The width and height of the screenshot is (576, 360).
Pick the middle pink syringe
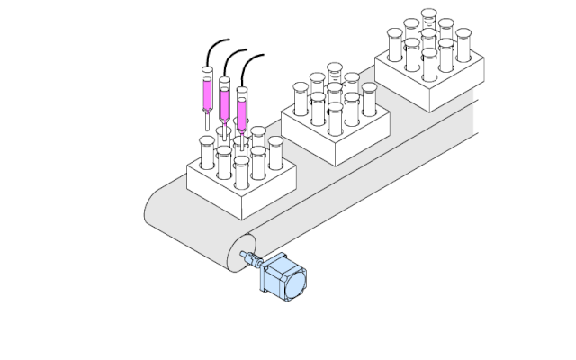[x=225, y=97]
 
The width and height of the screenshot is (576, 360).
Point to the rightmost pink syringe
[x=241, y=106]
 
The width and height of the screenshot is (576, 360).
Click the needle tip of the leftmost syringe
[x=208, y=126]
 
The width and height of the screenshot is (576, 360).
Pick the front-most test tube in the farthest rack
[x=429, y=66]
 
